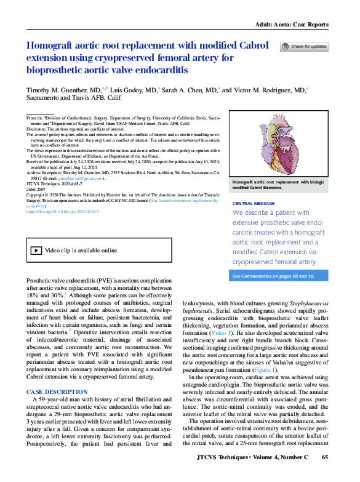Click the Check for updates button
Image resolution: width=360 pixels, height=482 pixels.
(304, 46)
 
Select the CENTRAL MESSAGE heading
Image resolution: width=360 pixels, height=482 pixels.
(254, 203)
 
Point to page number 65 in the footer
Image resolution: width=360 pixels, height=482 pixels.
(326, 474)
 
